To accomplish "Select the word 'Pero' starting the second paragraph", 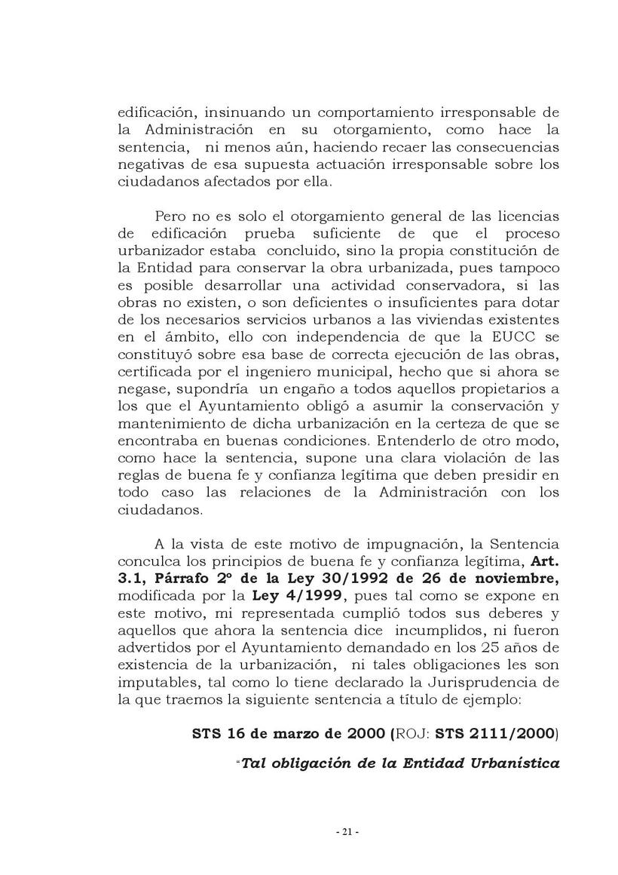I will pos(171,216).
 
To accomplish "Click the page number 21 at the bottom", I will pos(347,833).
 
